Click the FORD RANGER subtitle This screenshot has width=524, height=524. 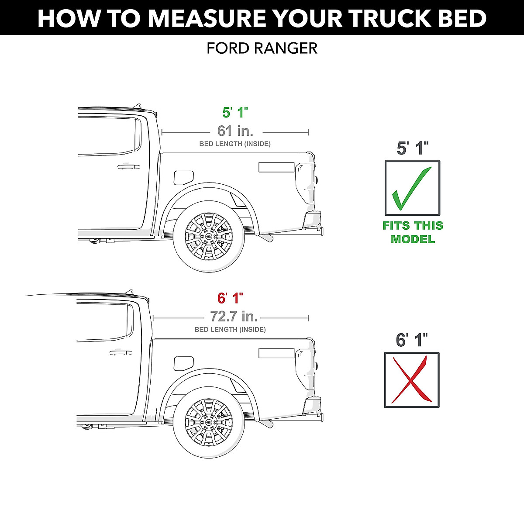(262, 48)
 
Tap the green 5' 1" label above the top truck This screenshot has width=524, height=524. (235, 112)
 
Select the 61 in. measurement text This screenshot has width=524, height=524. (235, 131)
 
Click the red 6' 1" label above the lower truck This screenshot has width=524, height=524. (230, 298)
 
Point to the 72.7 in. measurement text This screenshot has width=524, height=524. (234, 316)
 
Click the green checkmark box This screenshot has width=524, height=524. (412, 188)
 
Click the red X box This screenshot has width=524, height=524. (412, 380)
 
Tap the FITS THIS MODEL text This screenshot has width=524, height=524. (413, 232)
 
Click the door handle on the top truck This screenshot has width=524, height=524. (128, 166)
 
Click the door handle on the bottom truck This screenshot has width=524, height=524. (121, 352)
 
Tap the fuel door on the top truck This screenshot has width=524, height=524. (183, 177)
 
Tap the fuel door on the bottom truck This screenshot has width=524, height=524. (183, 363)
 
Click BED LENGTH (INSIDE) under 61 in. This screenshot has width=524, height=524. (235, 144)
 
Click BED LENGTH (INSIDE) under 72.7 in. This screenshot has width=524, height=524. (230, 329)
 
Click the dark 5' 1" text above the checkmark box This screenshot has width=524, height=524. (412, 148)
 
